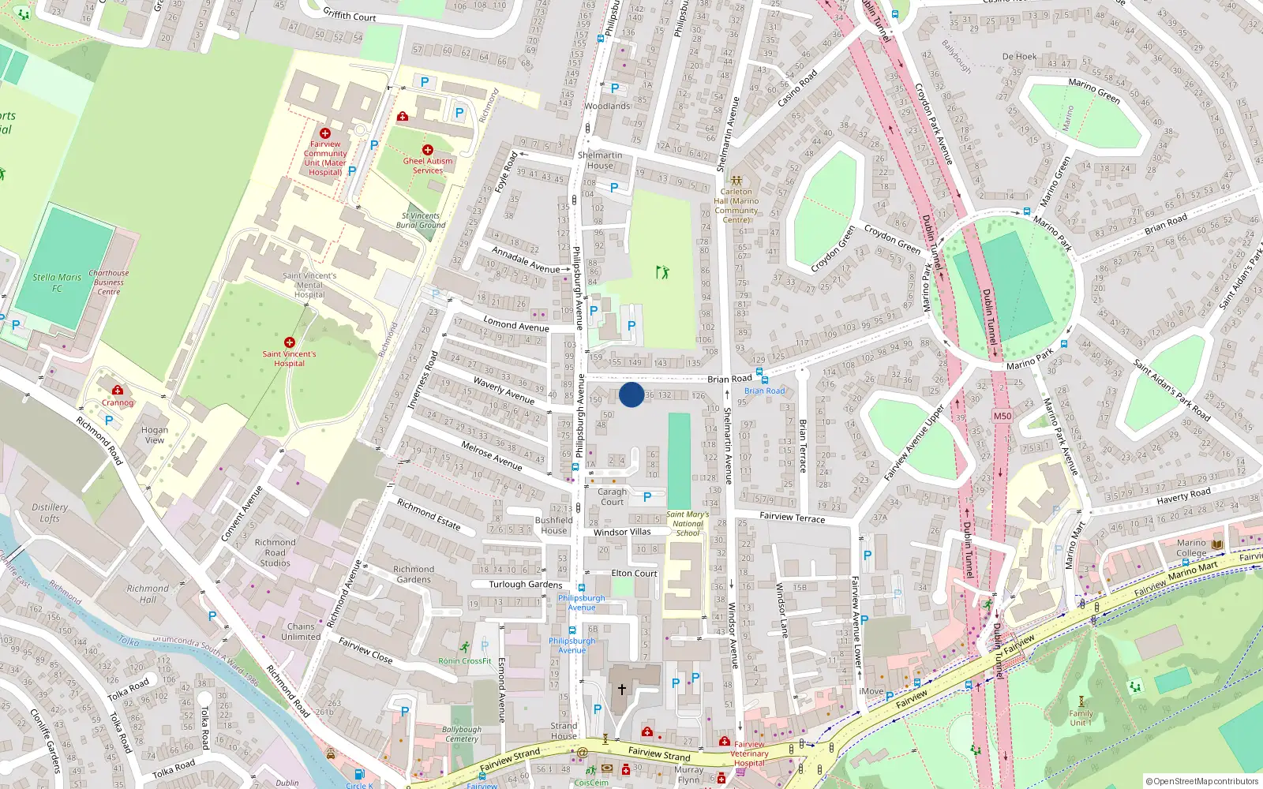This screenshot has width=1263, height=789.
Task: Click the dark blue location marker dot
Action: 631,394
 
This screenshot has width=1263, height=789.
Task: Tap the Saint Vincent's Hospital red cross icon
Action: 290,342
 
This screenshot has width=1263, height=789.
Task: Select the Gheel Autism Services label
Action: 428,166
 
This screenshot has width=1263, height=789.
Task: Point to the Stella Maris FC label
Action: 57,282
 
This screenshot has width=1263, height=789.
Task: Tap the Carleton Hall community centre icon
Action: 736,181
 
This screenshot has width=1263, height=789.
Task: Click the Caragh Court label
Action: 612,496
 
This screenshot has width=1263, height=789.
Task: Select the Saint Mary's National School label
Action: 688,524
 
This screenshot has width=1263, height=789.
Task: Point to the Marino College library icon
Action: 1217,544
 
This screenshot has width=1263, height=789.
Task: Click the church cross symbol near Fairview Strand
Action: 622,690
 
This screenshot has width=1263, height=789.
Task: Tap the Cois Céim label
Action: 591,783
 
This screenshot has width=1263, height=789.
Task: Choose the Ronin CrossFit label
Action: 465,661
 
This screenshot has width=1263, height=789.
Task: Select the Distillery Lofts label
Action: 50,513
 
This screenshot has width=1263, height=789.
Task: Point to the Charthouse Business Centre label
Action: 109,282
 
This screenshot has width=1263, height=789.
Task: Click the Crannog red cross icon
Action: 118,390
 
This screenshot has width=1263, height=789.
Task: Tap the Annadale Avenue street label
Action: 526,260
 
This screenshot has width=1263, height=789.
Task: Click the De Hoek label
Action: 1019,57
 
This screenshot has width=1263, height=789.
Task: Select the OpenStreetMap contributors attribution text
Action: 1202,781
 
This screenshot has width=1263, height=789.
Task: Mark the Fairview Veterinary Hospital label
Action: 749,753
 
